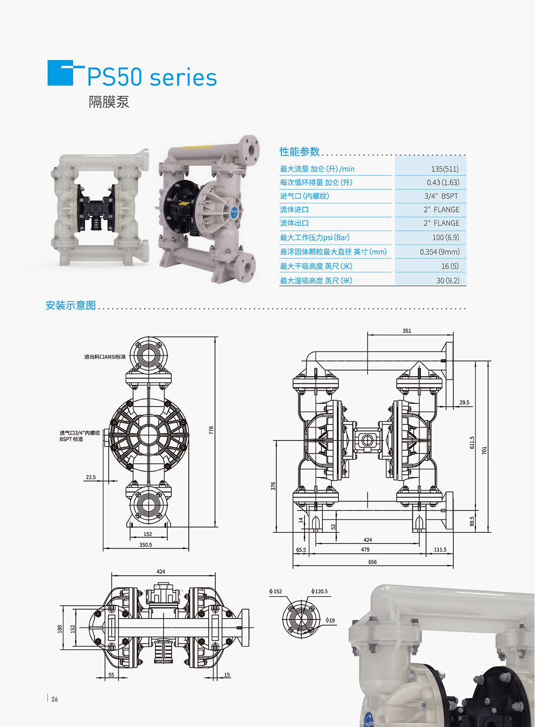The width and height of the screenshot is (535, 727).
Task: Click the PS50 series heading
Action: tap(152, 77)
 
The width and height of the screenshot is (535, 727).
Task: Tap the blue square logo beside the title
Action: tap(60, 73)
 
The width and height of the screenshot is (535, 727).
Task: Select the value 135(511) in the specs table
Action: tap(445, 169)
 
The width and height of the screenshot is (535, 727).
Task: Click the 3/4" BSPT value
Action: tap(441, 196)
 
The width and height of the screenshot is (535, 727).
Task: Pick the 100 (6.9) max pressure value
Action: tap(446, 237)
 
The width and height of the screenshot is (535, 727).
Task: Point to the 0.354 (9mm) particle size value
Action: tap(440, 252)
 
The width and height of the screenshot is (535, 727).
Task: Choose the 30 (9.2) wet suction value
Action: tap(448, 280)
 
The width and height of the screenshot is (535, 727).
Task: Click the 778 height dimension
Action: tap(211, 430)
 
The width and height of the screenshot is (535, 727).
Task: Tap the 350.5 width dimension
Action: tap(146, 544)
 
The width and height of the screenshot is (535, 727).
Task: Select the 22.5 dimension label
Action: tap(91, 477)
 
